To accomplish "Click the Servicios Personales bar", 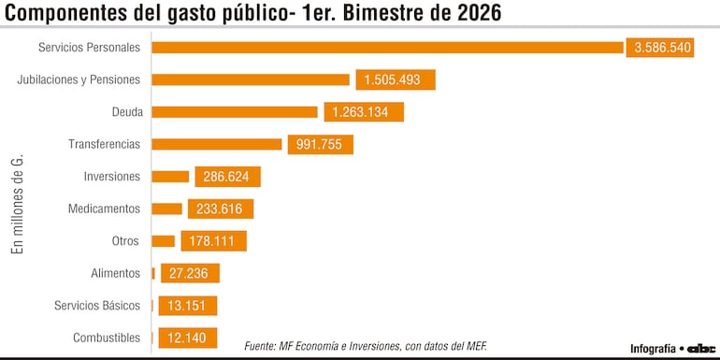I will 387,48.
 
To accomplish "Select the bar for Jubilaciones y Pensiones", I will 250,80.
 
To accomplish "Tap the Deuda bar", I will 234,112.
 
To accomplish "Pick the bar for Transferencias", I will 216,144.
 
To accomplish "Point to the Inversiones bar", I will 170,177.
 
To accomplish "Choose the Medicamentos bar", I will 166,209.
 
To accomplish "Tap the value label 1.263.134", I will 364,112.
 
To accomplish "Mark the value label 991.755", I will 320,145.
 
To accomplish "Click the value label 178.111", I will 213,241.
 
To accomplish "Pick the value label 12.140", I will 188,338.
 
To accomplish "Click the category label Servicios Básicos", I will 97,306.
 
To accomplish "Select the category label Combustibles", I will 107,338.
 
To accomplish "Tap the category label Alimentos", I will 115,273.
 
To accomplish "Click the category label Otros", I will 125,241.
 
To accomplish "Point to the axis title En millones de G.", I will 16,206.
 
